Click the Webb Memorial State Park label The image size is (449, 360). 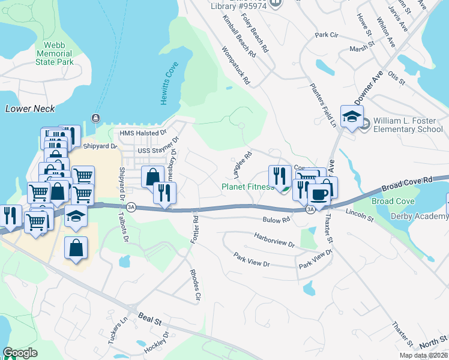54,53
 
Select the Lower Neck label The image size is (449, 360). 29,109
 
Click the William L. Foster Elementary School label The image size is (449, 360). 408,125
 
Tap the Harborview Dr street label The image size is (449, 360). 274,241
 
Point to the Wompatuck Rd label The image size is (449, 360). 236,65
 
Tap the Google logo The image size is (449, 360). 20,353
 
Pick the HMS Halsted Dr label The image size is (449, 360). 142,133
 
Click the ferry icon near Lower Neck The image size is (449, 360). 94,117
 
